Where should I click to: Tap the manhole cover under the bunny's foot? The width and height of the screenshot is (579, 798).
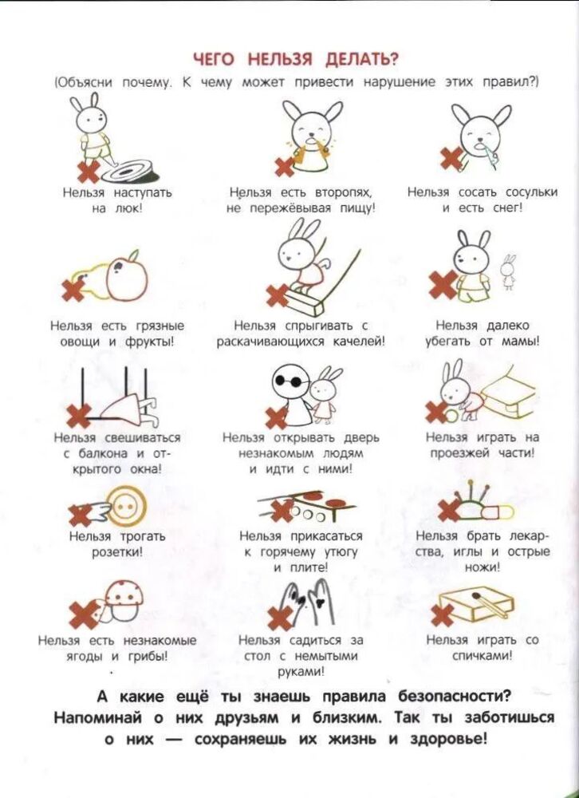coord(129,171)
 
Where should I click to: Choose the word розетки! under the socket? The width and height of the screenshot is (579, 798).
coord(117,552)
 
